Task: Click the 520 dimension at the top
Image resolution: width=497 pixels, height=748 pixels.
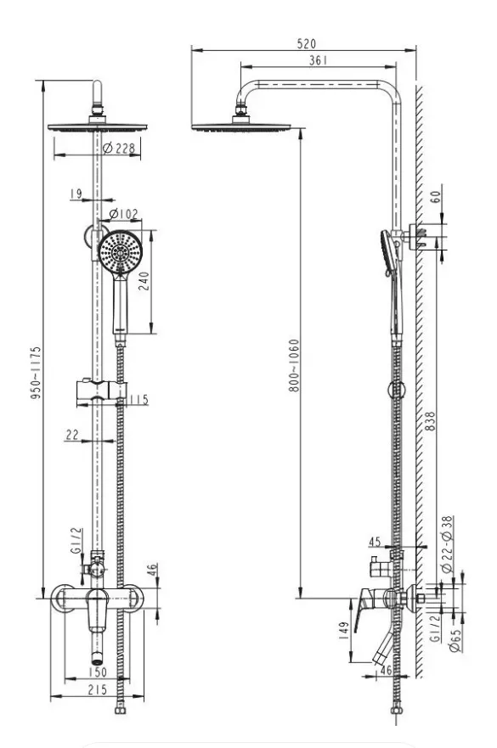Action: pos(306,43)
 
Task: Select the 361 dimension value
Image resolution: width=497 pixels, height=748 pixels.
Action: pos(319,60)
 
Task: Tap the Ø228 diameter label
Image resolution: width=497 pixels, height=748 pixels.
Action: pos(119,148)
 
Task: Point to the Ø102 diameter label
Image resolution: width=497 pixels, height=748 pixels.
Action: pos(123,214)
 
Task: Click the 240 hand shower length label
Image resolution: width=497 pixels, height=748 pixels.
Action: pos(144,281)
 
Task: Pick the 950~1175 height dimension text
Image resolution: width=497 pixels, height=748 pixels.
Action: pos(36,373)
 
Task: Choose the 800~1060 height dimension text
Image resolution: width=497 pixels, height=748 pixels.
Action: pos(294,365)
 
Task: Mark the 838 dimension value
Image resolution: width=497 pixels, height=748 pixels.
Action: pos(429,422)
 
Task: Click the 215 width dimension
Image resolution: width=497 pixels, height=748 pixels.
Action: pos(98,689)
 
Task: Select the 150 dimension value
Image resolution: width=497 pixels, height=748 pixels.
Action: pos(98,672)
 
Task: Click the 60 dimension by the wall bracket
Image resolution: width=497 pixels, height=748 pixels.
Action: pos(436,196)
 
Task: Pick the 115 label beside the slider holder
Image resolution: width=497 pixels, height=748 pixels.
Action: pos(139,399)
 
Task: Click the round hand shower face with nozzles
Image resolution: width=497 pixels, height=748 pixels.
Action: pos(121,251)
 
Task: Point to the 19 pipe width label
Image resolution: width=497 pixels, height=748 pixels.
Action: pos(76,194)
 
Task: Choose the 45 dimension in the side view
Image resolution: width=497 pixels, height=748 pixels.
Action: pos(375,542)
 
